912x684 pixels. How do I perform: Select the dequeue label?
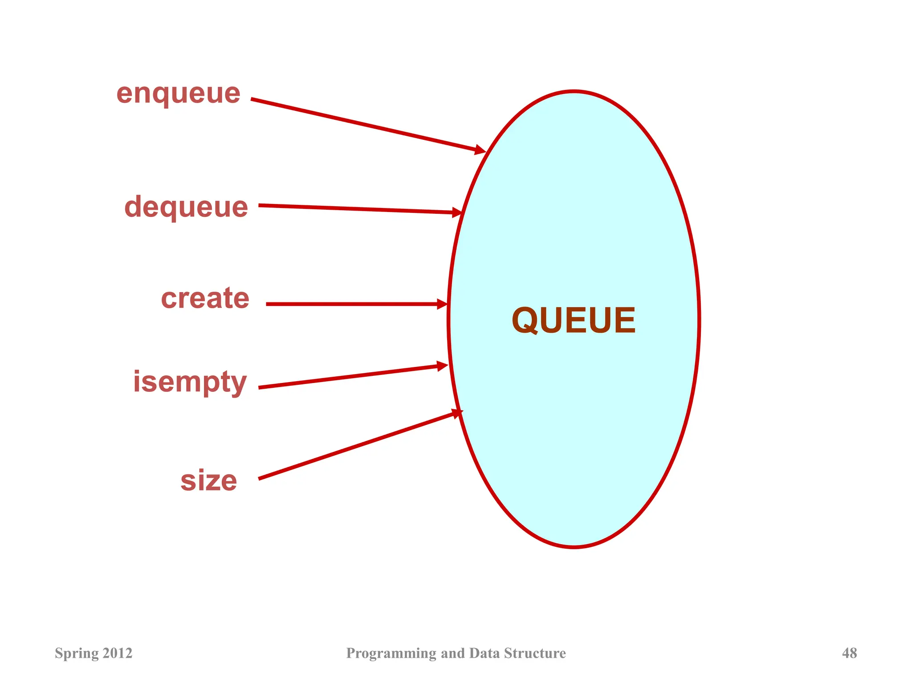point(186,207)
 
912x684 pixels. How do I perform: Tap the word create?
point(205,298)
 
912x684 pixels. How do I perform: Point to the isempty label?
point(190,382)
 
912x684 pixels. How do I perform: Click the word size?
point(208,481)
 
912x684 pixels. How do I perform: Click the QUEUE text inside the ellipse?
point(574,320)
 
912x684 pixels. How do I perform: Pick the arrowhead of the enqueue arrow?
point(480,150)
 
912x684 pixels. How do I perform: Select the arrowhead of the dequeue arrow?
point(457,212)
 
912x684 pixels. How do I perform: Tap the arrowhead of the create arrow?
point(442,304)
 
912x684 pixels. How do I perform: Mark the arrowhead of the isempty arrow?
point(443,366)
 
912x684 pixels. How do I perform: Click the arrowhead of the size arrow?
point(457,413)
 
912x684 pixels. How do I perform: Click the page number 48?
point(849,653)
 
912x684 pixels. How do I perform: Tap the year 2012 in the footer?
point(118,653)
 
